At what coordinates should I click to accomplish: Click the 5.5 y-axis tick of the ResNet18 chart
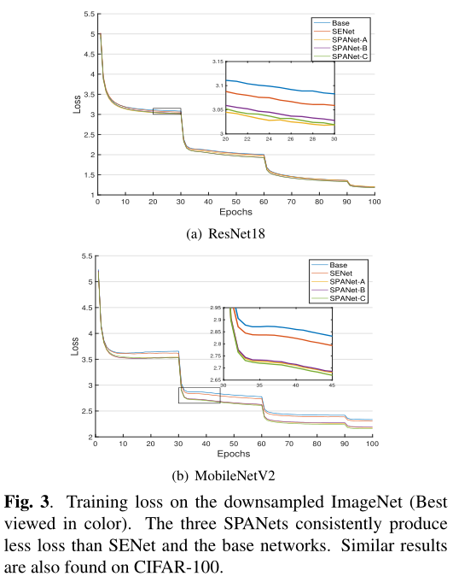(89, 15)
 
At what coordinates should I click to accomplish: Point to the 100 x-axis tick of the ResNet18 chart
(373, 202)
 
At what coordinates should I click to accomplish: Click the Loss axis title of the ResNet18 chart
(76, 105)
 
